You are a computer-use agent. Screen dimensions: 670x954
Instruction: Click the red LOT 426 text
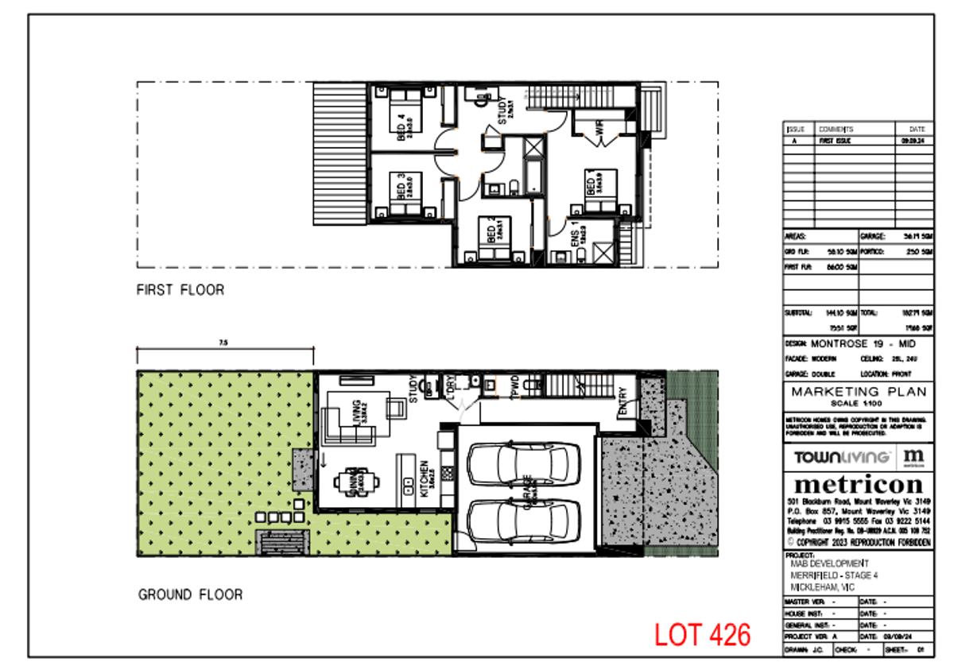702,634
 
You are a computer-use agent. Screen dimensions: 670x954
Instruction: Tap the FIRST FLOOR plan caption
180,290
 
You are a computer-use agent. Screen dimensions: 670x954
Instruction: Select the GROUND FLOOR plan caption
190,594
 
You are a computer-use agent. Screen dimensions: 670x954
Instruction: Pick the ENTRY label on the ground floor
622,400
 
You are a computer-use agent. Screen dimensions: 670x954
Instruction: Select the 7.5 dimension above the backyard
224,343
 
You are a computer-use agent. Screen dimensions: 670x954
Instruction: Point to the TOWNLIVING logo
841,457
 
